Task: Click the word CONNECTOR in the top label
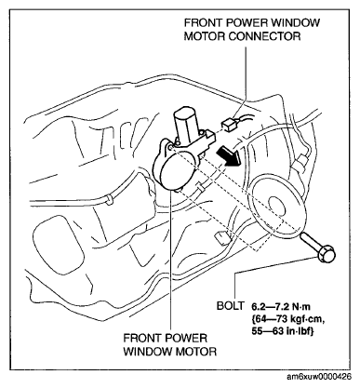point(264,36)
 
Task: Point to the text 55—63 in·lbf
point(283,331)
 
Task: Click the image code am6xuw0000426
point(319,377)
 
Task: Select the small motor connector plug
point(228,125)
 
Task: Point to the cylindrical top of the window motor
point(186,122)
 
